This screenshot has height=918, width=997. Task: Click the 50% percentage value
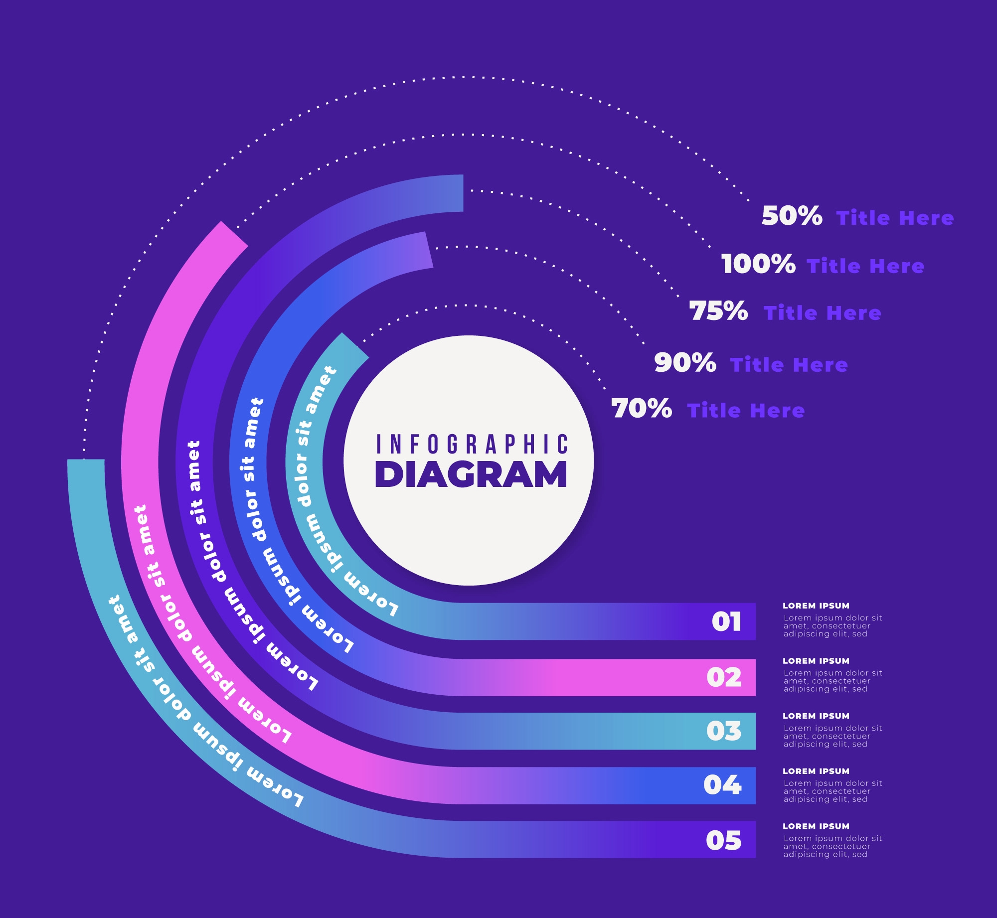coord(792,216)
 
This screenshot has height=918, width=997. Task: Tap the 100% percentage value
coord(758,264)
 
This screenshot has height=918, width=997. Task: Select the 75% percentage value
coord(718,311)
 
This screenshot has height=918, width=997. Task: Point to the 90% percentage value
coord(685,363)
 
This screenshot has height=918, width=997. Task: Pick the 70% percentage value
coord(642,409)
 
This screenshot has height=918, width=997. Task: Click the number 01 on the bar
coord(726,622)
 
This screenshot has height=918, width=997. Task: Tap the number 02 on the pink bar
coord(724,678)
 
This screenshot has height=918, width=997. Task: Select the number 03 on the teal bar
coord(724,732)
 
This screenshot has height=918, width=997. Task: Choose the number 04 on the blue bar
coord(722,785)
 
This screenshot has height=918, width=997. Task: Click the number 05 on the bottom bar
coord(723,840)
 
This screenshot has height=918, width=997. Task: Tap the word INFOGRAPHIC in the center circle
coord(472,445)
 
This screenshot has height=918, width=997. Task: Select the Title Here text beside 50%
coord(895,218)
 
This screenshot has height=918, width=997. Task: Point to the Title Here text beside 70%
coord(746,411)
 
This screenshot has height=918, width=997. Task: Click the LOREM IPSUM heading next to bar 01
coord(816,606)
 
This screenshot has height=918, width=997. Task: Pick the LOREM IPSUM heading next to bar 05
coord(816,826)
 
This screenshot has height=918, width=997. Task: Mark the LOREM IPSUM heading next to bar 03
coord(816,716)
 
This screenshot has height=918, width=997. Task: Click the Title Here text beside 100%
coord(865,267)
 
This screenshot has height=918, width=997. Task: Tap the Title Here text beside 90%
coord(789,365)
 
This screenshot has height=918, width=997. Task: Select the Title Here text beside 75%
coord(822,313)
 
